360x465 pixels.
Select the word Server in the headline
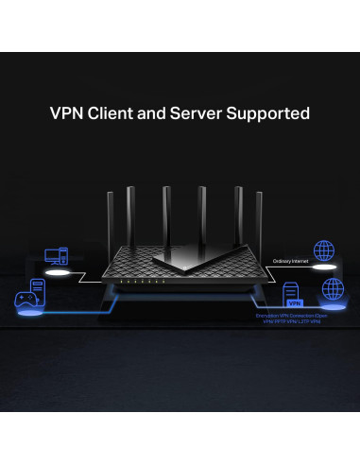206,114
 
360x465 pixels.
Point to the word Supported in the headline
273,114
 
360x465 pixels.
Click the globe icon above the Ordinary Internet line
324,250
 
